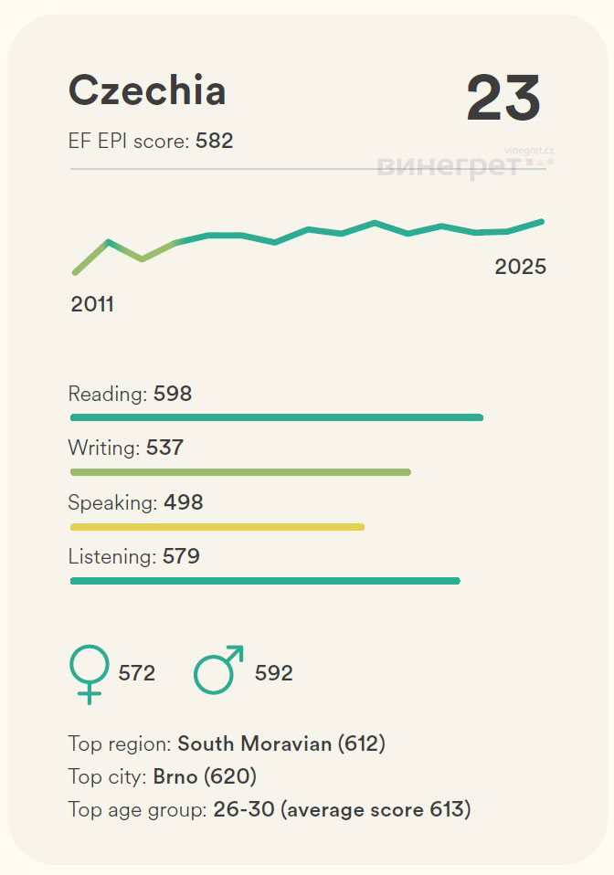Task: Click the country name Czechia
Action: point(147,90)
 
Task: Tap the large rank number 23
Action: point(503,98)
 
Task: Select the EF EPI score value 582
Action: point(215,141)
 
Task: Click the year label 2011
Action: point(92,304)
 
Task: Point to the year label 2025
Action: point(520,267)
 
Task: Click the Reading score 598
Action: point(173,395)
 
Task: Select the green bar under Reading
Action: point(276,417)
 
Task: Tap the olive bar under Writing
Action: point(240,471)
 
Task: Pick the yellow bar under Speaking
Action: point(217,526)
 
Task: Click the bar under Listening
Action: point(265,580)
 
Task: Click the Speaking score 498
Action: point(184,502)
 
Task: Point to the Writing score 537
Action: point(164,448)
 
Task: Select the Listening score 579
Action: point(181,556)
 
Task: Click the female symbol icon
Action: point(89,672)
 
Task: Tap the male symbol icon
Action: point(218,669)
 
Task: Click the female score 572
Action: point(137,673)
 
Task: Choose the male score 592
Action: point(274,673)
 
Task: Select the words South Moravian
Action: point(254,743)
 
